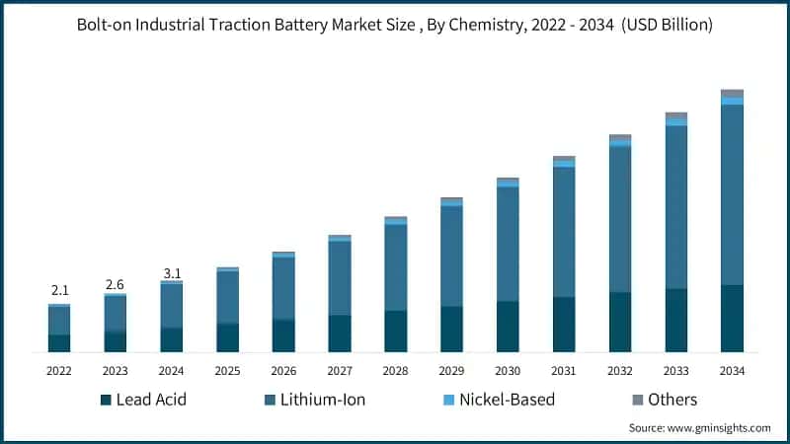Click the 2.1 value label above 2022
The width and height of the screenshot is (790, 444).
coord(59,290)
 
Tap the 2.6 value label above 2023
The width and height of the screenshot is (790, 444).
coord(116,284)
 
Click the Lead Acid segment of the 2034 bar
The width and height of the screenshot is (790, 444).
coord(732,318)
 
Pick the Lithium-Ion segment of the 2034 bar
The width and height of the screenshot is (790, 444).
coord(732,194)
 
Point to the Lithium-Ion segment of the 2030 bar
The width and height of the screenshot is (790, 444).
coord(508,244)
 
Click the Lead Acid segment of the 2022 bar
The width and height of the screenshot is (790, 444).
coord(59,342)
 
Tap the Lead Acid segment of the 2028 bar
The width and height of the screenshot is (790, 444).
coord(396,331)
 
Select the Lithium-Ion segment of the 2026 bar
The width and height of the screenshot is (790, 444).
coord(283,288)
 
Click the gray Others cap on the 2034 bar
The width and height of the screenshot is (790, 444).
coord(732,94)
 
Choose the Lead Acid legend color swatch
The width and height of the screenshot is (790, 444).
coord(106,400)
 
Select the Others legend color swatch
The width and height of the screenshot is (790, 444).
coord(637,400)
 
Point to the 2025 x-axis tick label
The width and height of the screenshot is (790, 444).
coord(227,371)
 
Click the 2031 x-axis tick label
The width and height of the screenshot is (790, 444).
coord(564,371)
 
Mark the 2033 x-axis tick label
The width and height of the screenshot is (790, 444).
coord(675,371)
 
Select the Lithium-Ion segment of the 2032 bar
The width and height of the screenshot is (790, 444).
coord(620,219)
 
